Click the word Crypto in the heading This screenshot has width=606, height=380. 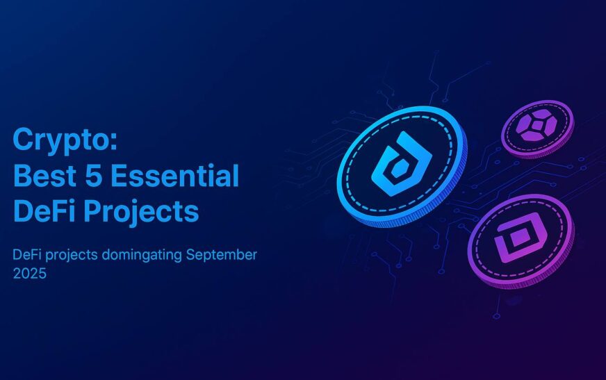60,140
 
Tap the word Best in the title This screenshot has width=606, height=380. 44,176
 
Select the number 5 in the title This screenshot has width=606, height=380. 93,176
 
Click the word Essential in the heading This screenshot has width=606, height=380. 175,176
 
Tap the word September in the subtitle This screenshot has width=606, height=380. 222,255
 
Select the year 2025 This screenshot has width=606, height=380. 30,274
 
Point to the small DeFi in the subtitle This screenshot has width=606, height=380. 26,255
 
